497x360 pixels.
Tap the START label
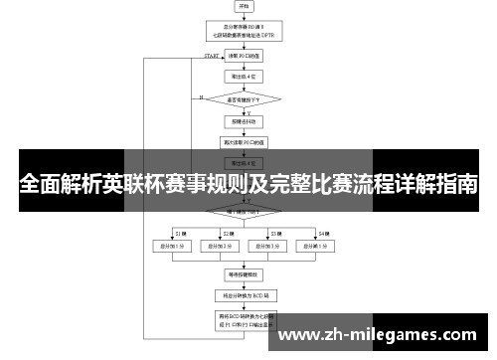click(x=212, y=56)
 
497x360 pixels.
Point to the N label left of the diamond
click(x=200, y=97)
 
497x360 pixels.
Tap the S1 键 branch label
click(x=180, y=232)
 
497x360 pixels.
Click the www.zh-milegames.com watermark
click(x=384, y=336)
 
